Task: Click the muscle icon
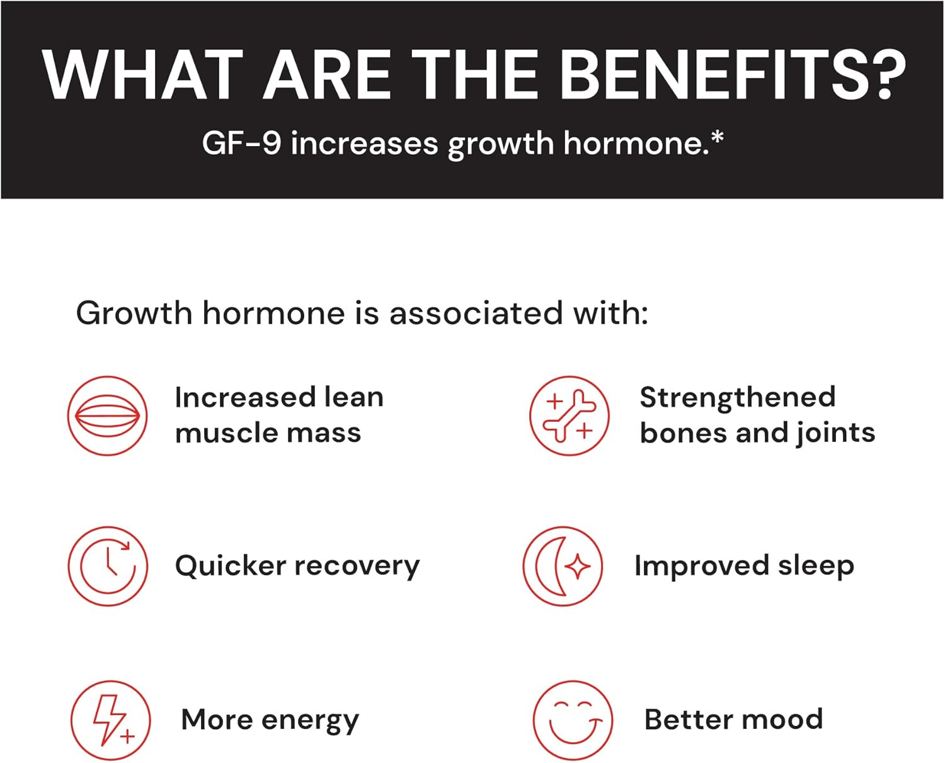(x=108, y=415)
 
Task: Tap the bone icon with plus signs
(x=570, y=415)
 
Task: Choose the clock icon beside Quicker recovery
(x=108, y=566)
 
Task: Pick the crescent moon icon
(x=563, y=566)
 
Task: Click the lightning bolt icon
(x=110, y=720)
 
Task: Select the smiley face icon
(x=573, y=720)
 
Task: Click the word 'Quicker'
(x=231, y=566)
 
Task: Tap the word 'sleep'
(x=816, y=566)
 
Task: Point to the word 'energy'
(x=310, y=720)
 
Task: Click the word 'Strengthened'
(x=738, y=397)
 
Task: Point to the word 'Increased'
(x=245, y=397)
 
